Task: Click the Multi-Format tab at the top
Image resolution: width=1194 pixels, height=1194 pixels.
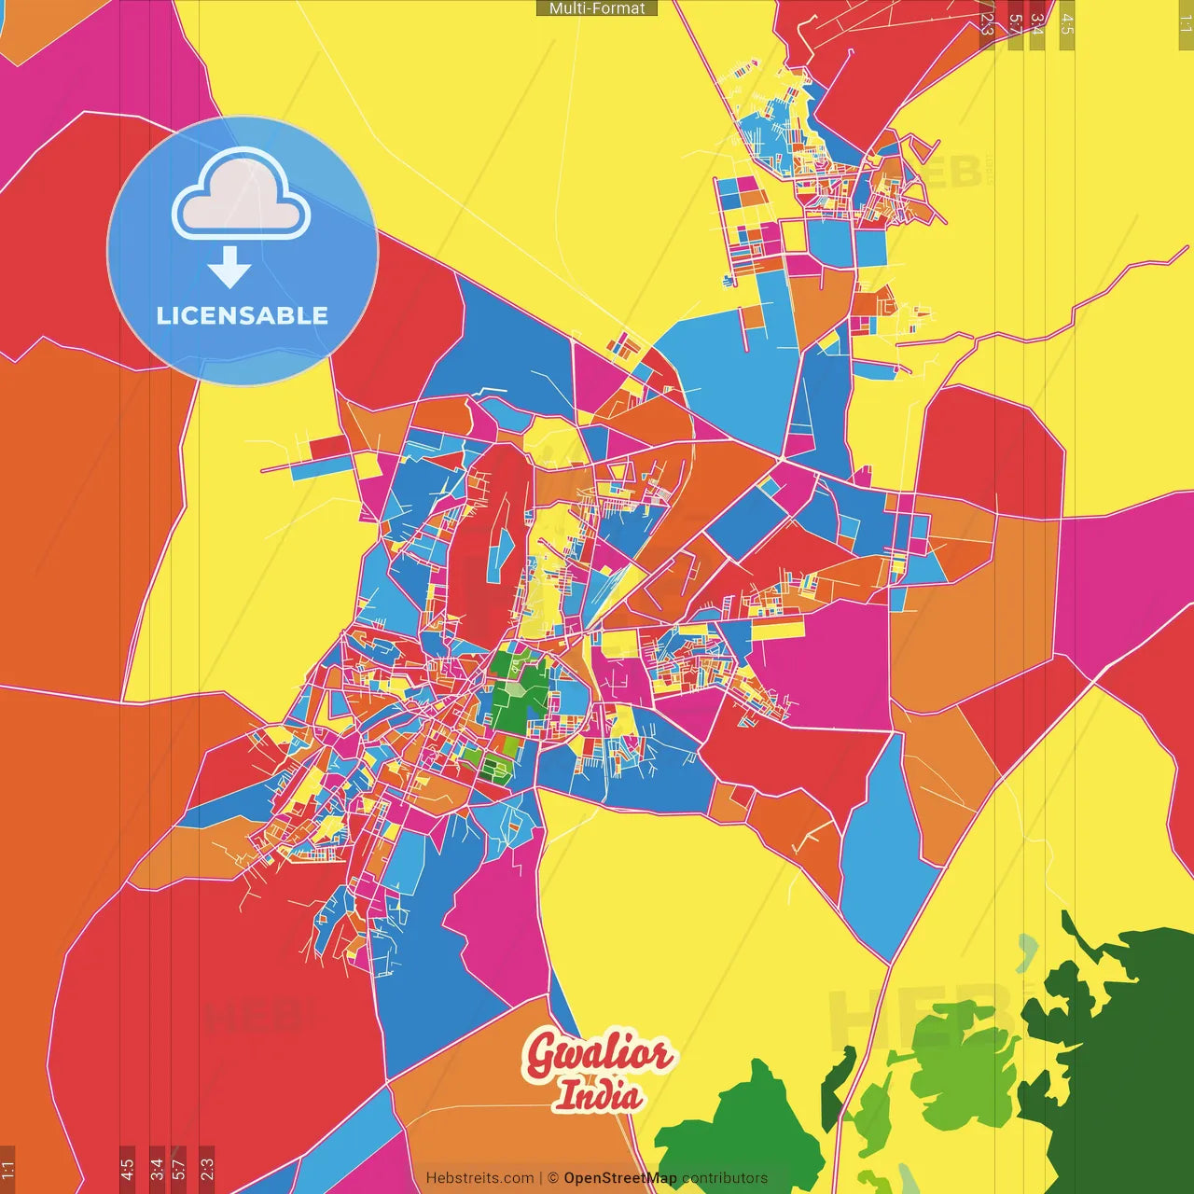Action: (x=597, y=8)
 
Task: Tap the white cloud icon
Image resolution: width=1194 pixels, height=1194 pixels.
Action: (x=241, y=198)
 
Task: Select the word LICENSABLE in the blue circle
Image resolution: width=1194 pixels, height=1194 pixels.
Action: (x=243, y=315)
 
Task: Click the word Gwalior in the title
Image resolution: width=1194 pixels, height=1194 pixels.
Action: (x=597, y=1055)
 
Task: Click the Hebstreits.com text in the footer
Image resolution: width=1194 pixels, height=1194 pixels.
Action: (x=479, y=1178)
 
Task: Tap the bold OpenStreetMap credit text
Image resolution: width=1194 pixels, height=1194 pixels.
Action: (x=619, y=1178)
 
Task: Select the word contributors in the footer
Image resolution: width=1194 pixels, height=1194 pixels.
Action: (x=725, y=1178)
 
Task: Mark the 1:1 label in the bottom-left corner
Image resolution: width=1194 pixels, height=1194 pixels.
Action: (x=7, y=1169)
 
